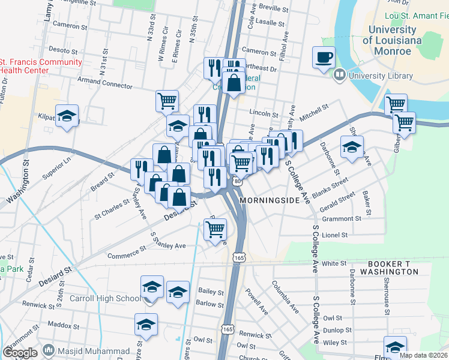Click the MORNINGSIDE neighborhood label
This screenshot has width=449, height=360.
[x=268, y=200]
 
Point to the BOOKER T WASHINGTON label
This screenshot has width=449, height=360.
[x=384, y=268]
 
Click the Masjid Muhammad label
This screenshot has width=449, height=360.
[x=93, y=351]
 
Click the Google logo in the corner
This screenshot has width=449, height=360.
[x=20, y=352]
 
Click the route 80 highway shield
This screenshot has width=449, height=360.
[x=238, y=181]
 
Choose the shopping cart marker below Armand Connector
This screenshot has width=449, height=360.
[x=167, y=101]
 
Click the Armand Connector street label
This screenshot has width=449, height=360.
[x=104, y=82]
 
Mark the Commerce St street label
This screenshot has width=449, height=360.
[x=126, y=253]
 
